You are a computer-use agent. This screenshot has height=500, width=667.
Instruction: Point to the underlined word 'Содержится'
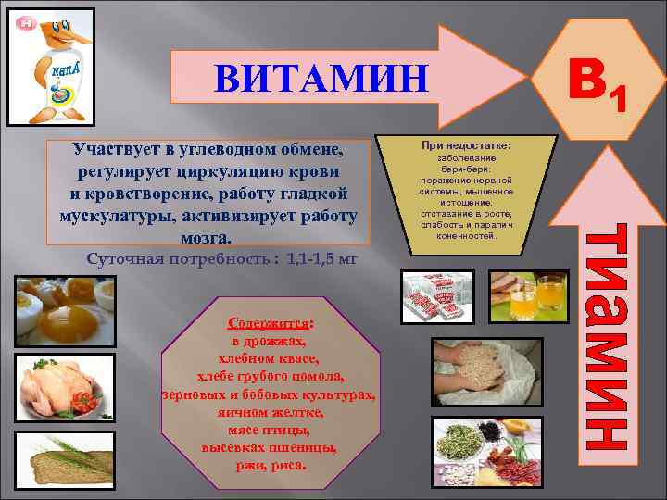(x=269, y=324)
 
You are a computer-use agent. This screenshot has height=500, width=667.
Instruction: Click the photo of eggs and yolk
(x=65, y=314)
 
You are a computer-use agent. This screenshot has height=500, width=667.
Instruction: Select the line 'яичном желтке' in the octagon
(x=269, y=415)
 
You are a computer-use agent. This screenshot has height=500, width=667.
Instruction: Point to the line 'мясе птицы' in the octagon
(x=269, y=431)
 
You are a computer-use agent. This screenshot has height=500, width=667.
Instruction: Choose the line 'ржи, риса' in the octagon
(x=269, y=465)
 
